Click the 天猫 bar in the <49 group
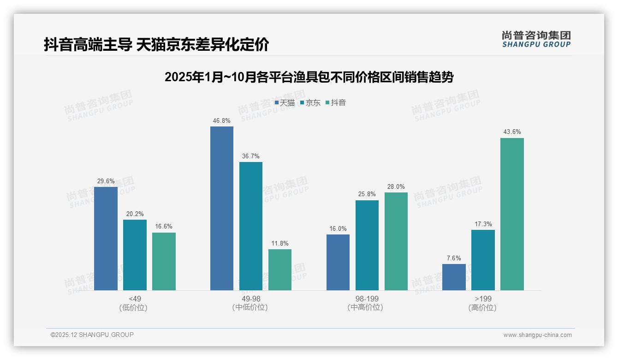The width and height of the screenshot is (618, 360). [106, 238]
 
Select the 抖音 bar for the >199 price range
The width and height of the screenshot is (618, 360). [512, 214]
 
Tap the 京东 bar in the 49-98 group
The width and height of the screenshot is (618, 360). [250, 226]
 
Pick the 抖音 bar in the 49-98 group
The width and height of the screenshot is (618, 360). [280, 270]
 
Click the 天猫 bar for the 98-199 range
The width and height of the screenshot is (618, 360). [338, 262]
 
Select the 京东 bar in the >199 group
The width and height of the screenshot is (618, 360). [483, 260]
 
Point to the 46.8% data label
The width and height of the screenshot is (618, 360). [222, 121]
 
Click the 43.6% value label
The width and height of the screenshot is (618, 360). [512, 132]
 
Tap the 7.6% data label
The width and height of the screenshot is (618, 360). [454, 258]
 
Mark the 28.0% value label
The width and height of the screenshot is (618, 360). [396, 187]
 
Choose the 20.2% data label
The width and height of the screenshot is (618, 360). [135, 214]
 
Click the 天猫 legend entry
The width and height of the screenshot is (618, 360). [285, 103]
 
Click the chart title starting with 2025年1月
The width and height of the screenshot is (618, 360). [309, 77]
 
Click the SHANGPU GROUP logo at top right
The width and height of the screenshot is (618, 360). [536, 39]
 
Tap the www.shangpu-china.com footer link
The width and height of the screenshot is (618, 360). [537, 335]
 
